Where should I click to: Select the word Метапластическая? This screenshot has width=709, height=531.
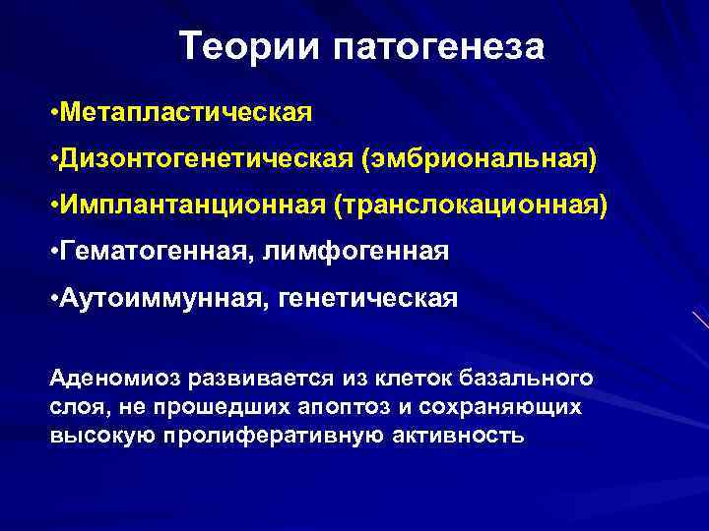[186, 111]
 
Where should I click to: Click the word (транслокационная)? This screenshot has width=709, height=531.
[472, 206]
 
